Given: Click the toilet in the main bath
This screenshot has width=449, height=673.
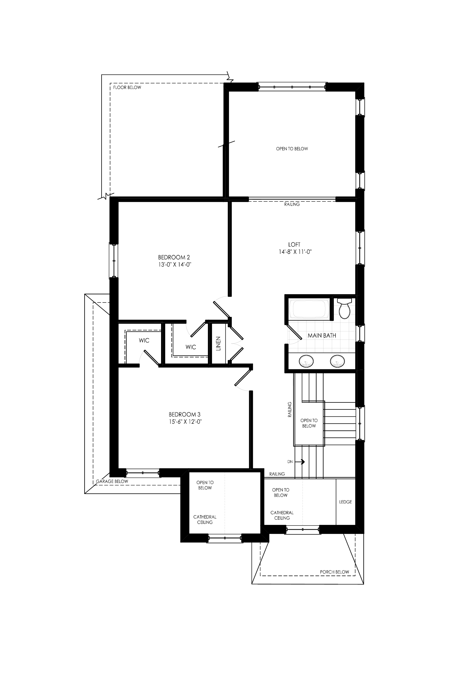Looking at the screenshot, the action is pos(344,308).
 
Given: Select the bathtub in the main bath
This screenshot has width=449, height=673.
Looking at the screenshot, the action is pos(309,309).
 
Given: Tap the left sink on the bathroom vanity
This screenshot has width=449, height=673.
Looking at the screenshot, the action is pos(306,361).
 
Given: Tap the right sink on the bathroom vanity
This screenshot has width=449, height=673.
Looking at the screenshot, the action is pos(337,361).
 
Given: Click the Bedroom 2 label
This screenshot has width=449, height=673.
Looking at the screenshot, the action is pos(174,257).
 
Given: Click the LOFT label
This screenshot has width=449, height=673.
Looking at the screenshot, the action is pos(294,244).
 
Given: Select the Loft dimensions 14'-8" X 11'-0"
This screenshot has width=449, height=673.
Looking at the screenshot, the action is pos(295,252).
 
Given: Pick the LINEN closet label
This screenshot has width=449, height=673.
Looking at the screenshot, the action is pos(218,344).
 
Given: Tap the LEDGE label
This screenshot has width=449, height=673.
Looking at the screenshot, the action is pos(345,502).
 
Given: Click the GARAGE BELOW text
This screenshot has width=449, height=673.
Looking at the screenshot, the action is pos(112,481).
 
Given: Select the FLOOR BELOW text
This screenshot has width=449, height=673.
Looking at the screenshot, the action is pos(127,87).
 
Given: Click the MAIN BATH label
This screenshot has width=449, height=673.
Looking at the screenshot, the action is pos(322,335).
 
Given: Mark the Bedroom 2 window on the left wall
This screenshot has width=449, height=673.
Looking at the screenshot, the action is pos(114,261).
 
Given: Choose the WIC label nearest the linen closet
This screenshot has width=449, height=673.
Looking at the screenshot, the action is pos(191,347).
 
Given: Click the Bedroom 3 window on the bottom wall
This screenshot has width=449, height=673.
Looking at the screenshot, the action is pos(142,473).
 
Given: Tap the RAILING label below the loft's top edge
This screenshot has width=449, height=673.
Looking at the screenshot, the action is pos(292,204).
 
